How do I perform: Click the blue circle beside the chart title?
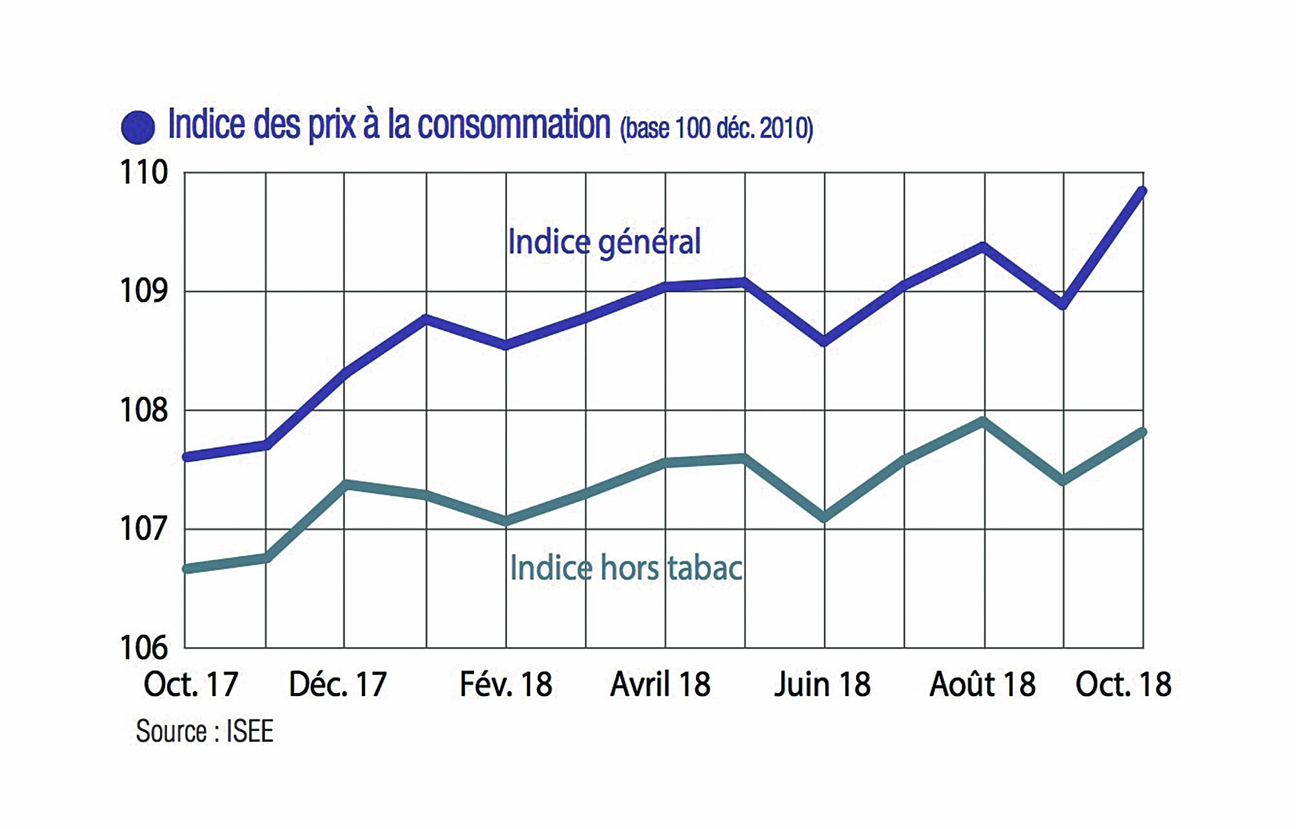pos(138,127)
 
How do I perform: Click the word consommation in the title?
pos(513,125)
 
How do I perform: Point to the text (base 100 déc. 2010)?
pos(716,128)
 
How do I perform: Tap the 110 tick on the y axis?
pos(144,173)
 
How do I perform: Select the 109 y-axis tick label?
pos(144,291)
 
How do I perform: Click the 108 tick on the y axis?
pos(144,410)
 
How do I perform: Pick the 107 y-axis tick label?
pos(144,529)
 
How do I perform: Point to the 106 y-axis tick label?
pos(144,648)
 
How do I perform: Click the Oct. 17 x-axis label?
pos(191,684)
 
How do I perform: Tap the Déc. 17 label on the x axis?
pos(337,684)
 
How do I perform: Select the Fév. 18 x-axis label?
pos(506,684)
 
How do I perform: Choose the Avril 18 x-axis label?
pos(660,684)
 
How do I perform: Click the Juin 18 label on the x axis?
pos(822,684)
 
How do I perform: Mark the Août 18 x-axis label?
pos(982,684)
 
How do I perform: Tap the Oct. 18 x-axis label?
pos(1123,684)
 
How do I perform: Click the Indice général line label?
pos(604,243)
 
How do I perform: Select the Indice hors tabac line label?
pos(626,568)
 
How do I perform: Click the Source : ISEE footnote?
pos(204,732)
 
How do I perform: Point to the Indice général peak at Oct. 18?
pos(1142,191)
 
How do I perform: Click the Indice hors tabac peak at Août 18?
pos(982,422)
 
